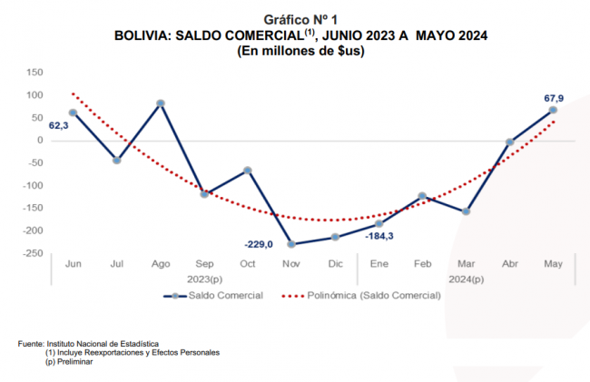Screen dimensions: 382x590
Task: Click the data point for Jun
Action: click(73, 113)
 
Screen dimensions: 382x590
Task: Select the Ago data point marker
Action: click(161, 103)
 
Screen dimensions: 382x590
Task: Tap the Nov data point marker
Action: click(291, 243)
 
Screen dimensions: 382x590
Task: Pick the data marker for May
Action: click(553, 110)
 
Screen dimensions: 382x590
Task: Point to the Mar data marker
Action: click(466, 211)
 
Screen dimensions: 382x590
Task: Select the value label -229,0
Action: click(260, 243)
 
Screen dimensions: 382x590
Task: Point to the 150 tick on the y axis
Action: click(35, 73)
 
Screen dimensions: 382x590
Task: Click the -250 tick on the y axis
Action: click(33, 253)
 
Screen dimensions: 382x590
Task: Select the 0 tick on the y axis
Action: click(41, 141)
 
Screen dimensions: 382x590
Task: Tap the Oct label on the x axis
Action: click(248, 263)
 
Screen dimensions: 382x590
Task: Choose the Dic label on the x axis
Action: click(335, 263)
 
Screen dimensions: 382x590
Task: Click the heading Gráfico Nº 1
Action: click(300, 19)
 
